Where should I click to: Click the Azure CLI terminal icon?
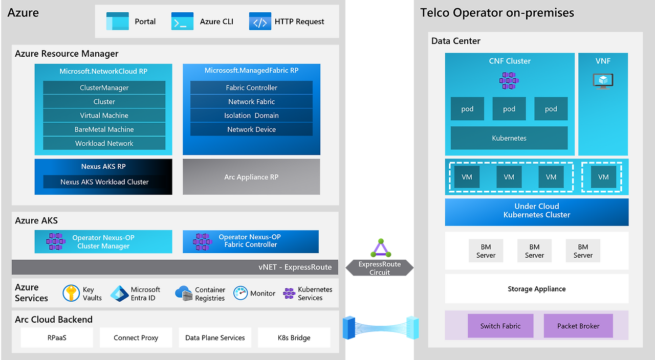pos(183,21)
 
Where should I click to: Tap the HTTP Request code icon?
pos(260,21)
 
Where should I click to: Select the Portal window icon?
pos(117,21)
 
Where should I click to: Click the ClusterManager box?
pos(104,87)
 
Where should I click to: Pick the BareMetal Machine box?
pos(104,129)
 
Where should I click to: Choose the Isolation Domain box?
pos(251,116)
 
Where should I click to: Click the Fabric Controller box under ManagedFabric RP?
pos(251,87)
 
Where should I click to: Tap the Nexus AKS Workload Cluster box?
pos(104,182)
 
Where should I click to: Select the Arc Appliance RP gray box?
pos(251,177)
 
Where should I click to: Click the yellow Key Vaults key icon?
pos(71,293)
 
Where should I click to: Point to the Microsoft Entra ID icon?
pos(119,293)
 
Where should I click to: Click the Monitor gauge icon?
pos(241,293)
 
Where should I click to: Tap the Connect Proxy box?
pos(136,337)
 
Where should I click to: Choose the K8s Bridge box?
pos(294,337)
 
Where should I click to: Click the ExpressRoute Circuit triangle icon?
pos(380,249)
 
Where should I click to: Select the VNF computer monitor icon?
pos(603,81)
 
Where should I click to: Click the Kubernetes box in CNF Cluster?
pos(509,138)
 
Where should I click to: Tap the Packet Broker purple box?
pos(578,326)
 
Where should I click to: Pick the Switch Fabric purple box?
pos(500,326)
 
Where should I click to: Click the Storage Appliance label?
pos(536,289)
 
